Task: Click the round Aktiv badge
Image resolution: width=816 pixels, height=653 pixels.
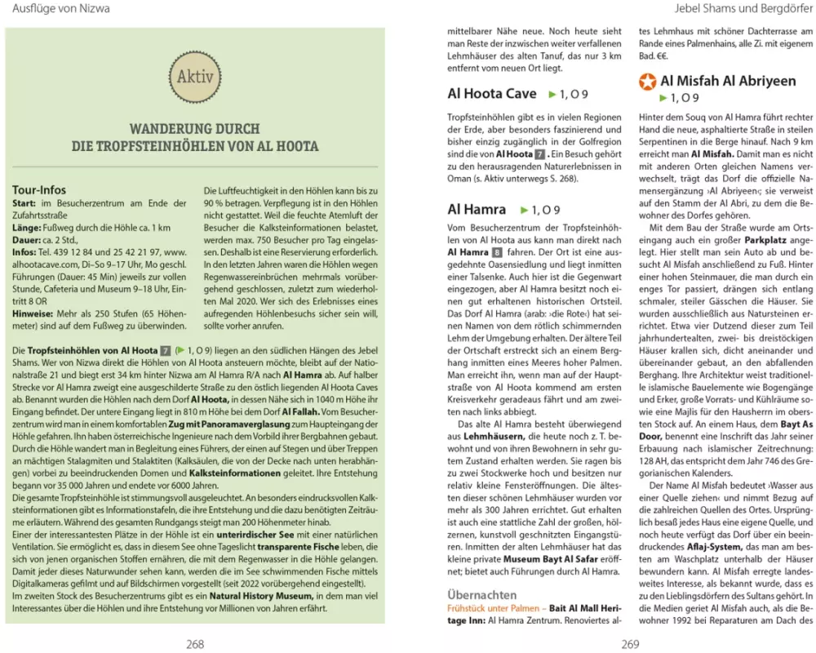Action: (x=195, y=78)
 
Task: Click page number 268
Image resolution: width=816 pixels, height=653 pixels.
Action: (x=194, y=643)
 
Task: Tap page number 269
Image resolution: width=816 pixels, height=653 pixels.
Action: (x=629, y=643)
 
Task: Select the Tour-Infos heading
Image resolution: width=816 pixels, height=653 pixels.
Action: (x=39, y=190)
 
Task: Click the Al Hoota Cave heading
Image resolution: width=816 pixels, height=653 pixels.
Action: (x=492, y=94)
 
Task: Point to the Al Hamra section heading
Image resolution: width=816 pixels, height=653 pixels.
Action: (x=477, y=210)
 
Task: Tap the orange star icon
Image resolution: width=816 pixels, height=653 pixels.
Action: (x=647, y=82)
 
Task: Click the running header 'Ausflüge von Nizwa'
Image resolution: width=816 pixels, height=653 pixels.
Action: (x=55, y=9)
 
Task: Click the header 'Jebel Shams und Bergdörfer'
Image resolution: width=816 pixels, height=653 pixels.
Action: (x=746, y=9)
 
